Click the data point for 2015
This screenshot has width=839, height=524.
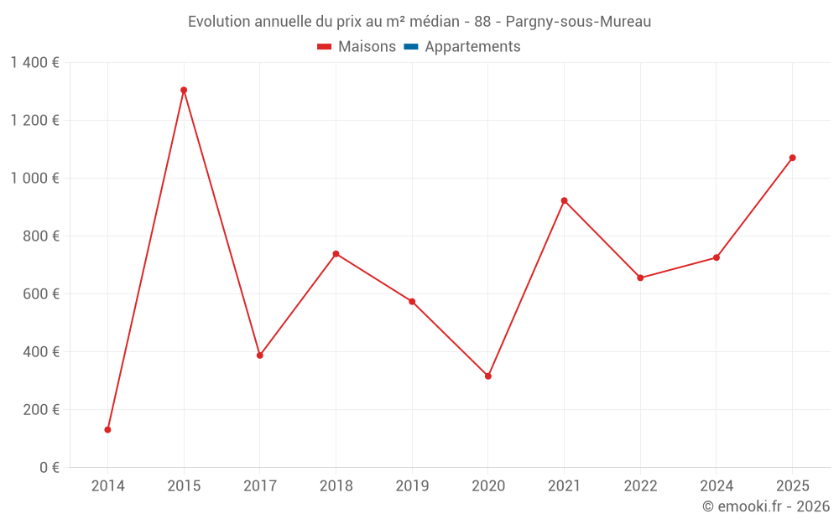click(184, 90)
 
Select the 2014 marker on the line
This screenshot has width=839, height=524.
click(107, 429)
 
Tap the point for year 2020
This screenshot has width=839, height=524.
click(488, 376)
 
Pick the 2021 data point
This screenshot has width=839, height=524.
click(564, 200)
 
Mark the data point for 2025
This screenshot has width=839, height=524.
click(792, 158)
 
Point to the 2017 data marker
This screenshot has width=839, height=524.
click(260, 355)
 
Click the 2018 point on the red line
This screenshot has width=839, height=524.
click(336, 253)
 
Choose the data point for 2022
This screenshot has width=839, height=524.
click(640, 278)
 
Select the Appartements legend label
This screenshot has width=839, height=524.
click(472, 47)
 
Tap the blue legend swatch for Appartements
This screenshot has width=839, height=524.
click(410, 47)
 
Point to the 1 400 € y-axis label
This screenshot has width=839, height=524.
click(34, 63)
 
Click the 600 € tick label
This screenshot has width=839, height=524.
click(42, 294)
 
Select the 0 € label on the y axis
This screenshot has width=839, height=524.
click(50, 468)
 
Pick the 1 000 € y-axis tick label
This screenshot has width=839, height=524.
click(34, 179)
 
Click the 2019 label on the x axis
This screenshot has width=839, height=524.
click(412, 486)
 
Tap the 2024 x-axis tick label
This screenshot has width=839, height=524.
click(717, 486)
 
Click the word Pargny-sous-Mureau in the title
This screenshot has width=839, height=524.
click(578, 22)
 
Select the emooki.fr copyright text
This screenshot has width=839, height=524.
click(766, 506)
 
